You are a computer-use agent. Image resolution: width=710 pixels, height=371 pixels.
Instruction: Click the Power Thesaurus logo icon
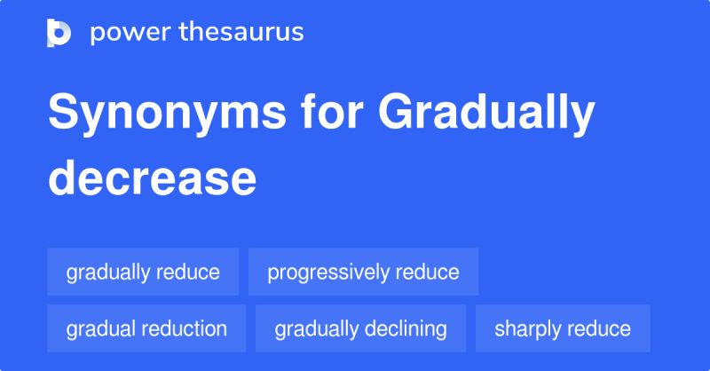click(59, 33)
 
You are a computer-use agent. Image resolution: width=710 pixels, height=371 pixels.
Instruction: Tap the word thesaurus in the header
click(241, 33)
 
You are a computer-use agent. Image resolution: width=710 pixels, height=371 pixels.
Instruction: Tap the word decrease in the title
click(152, 178)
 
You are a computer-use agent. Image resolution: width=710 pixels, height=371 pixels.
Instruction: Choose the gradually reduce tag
click(143, 272)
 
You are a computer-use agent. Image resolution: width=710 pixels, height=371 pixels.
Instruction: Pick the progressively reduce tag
click(363, 272)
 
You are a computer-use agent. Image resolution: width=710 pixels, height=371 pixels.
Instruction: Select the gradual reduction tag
click(146, 328)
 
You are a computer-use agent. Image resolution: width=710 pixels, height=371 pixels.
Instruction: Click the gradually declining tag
click(360, 328)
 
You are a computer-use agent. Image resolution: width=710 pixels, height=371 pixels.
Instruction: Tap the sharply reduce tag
click(563, 328)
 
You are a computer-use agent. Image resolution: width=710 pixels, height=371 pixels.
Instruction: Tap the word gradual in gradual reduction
click(98, 328)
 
